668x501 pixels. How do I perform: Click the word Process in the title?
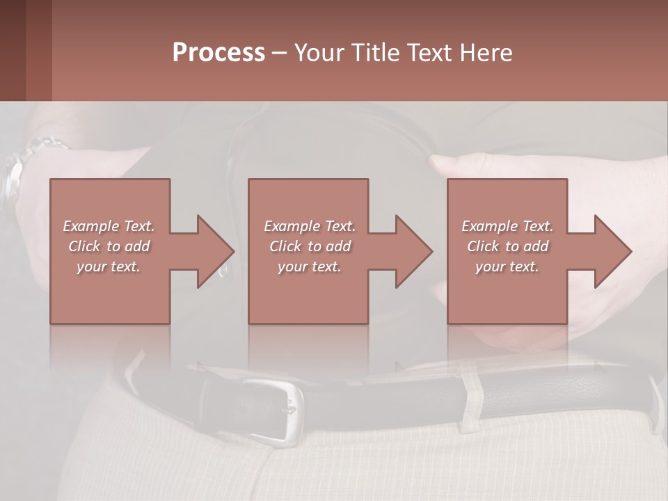(218, 53)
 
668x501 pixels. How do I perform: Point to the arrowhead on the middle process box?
(413, 251)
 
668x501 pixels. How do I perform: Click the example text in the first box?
(109, 246)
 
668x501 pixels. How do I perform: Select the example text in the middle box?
(309, 246)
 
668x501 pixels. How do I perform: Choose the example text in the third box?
(507, 246)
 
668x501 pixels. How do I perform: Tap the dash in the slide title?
(279, 53)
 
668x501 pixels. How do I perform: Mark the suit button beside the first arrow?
(223, 270)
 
